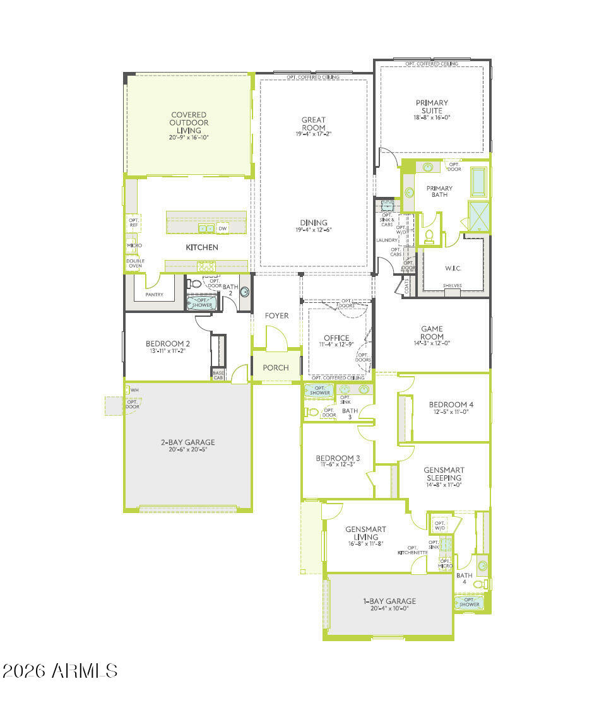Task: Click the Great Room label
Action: pyautogui.click(x=314, y=124)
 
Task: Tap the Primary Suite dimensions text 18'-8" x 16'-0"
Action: pyautogui.click(x=432, y=117)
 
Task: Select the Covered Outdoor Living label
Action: pyautogui.click(x=189, y=122)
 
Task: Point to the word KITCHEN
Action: pyautogui.click(x=202, y=247)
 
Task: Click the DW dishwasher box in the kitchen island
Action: pyautogui.click(x=222, y=228)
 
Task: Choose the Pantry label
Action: pyautogui.click(x=154, y=294)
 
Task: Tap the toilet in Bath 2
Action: pyautogui.click(x=195, y=285)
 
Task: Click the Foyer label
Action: pyautogui.click(x=276, y=316)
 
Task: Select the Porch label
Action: pyautogui.click(x=276, y=367)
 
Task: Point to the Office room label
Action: pyautogui.click(x=336, y=338)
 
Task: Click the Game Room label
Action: pyautogui.click(x=432, y=333)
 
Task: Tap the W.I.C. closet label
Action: pyautogui.click(x=453, y=268)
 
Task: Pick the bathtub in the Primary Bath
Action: pyautogui.click(x=480, y=180)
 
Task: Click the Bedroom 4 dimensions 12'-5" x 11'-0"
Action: pyautogui.click(x=451, y=412)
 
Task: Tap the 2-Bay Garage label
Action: pyautogui.click(x=187, y=442)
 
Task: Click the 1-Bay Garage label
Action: pyautogui.click(x=389, y=601)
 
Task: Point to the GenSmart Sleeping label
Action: pyautogui.click(x=444, y=474)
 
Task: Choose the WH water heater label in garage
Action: pyautogui.click(x=134, y=391)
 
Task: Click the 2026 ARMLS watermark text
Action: pyautogui.click(x=60, y=670)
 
